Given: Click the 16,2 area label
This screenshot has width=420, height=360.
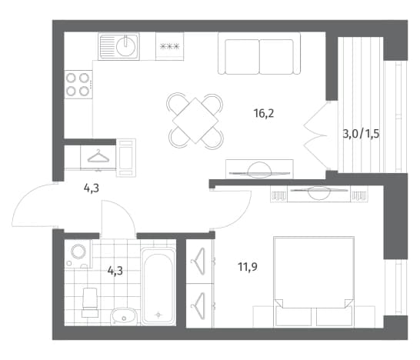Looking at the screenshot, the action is point(264,114).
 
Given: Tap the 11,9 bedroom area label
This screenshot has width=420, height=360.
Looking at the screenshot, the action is point(248,267).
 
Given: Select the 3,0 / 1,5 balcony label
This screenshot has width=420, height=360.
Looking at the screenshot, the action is point(361,133).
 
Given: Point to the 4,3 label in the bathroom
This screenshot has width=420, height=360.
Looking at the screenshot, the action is point(115,271).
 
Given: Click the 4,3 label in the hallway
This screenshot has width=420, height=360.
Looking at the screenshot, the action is point(92,188).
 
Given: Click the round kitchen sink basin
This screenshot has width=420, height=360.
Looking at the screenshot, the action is point(126,45).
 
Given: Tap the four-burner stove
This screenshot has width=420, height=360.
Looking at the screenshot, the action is point(78,85).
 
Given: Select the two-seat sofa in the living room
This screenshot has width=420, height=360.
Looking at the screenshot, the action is point(259,53).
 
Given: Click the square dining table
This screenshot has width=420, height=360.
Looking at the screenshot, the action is point(195,121).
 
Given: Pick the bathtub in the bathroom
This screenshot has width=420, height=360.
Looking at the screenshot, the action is point(158,286).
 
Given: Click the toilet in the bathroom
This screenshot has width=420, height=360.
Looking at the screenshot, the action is point(90,302).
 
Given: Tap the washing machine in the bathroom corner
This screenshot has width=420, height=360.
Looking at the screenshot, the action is point(78,254).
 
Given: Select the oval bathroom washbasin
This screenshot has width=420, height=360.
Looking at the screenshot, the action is point(124,316).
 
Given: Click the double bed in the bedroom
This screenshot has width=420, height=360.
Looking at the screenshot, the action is point(314,282).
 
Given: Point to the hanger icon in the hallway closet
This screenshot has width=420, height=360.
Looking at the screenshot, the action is point(98,156).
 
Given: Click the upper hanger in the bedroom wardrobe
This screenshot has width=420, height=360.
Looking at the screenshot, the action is point(198,262).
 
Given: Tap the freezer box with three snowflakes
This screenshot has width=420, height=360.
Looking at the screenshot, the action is point(169,46).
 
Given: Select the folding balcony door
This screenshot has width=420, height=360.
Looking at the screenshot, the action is point(316,135).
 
